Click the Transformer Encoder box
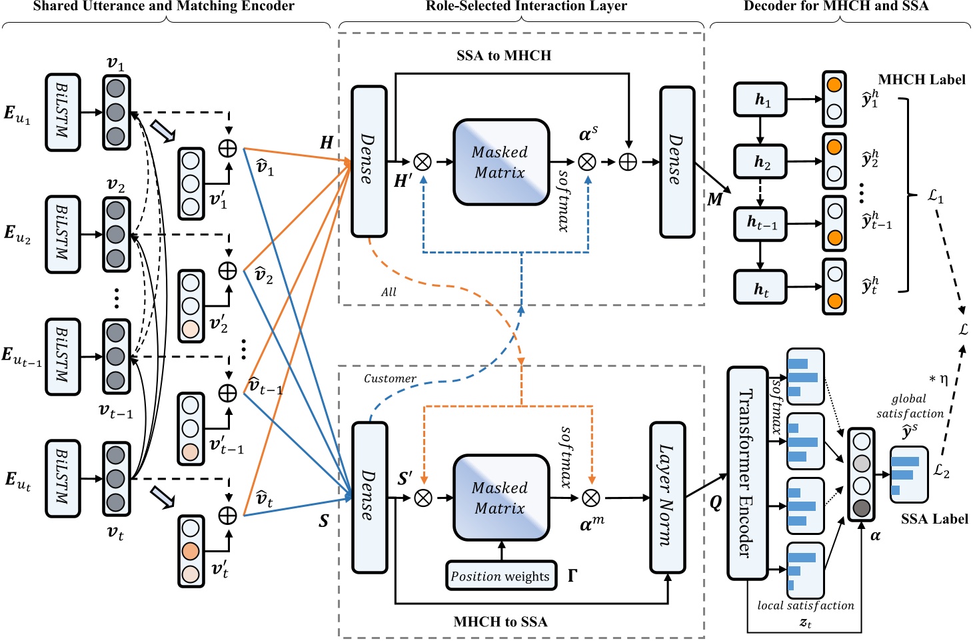(747, 473)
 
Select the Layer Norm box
(667, 497)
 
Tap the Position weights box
(500, 576)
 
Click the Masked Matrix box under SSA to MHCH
(501, 162)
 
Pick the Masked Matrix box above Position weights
(501, 498)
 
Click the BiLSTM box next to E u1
(63, 112)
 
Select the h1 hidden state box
(760, 99)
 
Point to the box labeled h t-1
(760, 223)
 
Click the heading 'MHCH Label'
(921, 79)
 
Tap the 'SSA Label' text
(934, 519)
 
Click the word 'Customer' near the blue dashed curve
(390, 378)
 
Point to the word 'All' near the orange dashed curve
(389, 291)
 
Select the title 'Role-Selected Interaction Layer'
(526, 7)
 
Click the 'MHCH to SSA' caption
(500, 622)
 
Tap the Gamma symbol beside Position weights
(572, 575)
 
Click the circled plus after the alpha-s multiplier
(628, 162)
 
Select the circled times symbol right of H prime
(423, 162)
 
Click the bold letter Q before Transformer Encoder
(715, 502)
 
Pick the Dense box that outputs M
(677, 162)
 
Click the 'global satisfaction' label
(910, 406)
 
